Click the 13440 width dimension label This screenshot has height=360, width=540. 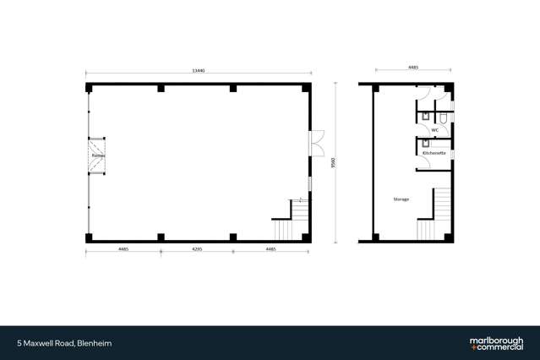click(x=199, y=70)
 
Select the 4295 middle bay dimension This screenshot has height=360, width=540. click(x=195, y=249)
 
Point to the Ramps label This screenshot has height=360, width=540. click(x=97, y=156)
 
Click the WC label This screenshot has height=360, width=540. click(x=434, y=130)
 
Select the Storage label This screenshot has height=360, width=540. click(x=401, y=199)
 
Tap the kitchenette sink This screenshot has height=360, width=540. click(x=426, y=145)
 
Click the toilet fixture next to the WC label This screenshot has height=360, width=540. click(x=443, y=117)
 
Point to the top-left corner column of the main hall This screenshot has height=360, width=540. click(x=89, y=88)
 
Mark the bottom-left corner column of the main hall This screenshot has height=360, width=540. click(x=89, y=238)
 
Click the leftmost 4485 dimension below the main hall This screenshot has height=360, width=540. click(x=123, y=249)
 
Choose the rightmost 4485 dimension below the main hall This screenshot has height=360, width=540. click(x=270, y=249)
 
